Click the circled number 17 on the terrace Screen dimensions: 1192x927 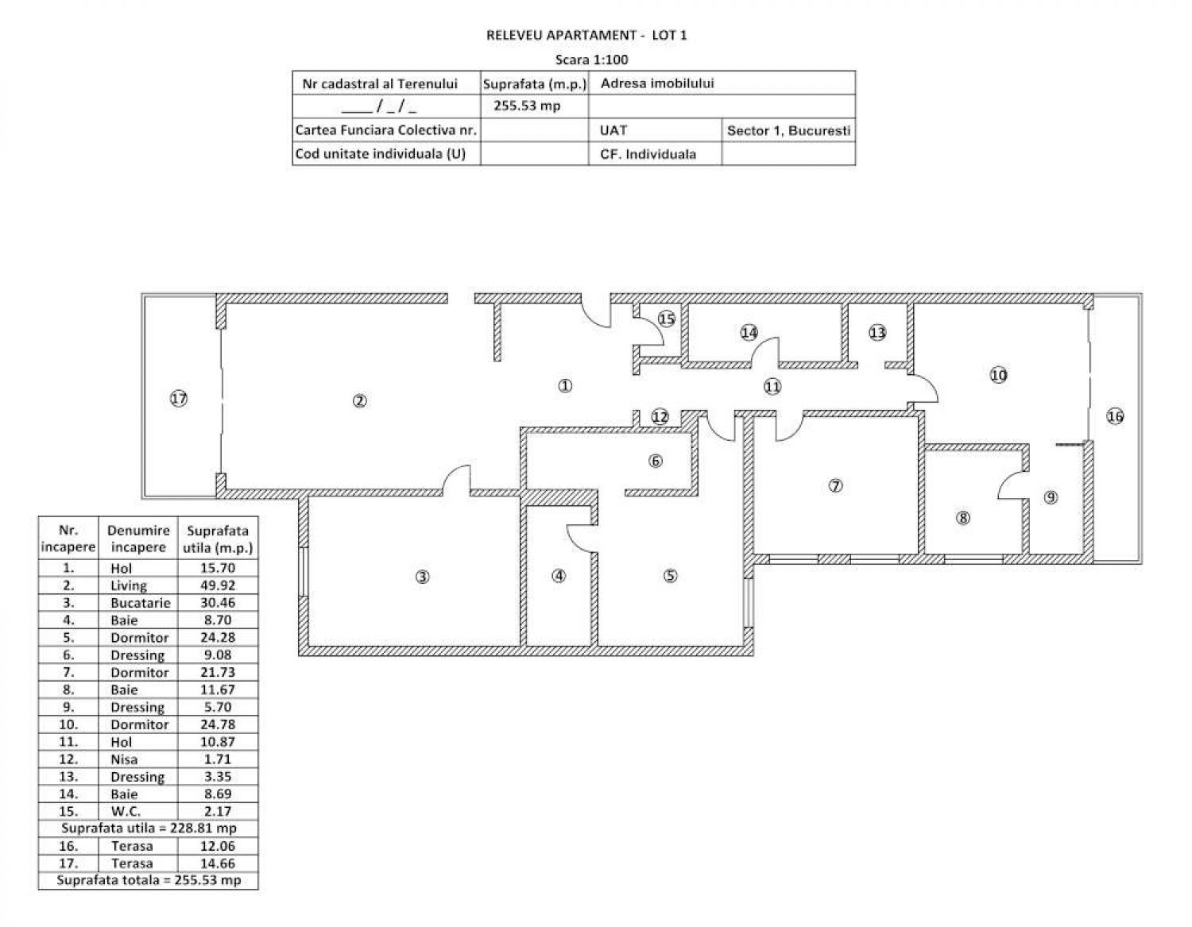[x=179, y=399]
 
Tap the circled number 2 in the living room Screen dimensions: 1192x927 [x=359, y=401]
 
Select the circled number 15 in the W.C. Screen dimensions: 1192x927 [x=667, y=319]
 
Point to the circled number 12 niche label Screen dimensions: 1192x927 [x=660, y=417]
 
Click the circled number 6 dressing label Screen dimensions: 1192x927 [x=656, y=461]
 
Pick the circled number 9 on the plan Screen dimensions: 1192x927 [x=1051, y=497]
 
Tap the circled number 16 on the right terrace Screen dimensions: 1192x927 [x=1115, y=416]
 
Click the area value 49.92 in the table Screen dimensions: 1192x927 [x=218, y=585]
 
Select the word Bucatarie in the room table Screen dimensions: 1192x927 [x=141, y=602]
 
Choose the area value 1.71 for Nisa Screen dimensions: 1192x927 [x=218, y=759]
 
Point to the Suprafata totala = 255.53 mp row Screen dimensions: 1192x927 [x=149, y=880]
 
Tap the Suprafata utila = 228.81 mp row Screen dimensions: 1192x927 [x=149, y=828]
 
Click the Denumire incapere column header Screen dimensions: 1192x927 [x=138, y=539]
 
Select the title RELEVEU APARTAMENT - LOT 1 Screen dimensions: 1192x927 [x=586, y=36]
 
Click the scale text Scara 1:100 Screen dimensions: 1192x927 [x=591, y=60]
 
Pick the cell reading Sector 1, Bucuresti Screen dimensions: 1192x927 [x=788, y=130]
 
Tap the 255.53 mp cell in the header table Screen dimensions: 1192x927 [x=527, y=106]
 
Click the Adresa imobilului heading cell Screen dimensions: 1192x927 [x=657, y=83]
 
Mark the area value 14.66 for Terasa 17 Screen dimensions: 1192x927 [x=218, y=863]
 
